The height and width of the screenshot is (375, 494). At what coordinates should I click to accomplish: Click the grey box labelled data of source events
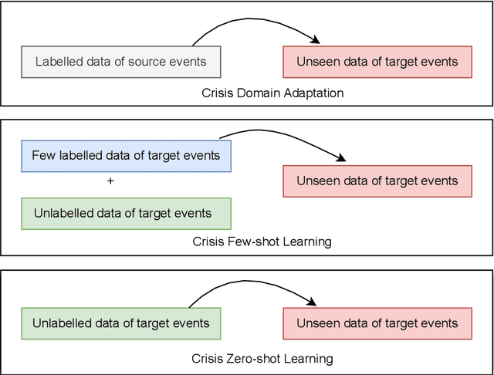click(120, 62)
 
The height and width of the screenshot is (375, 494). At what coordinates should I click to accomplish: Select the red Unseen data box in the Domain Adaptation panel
click(377, 62)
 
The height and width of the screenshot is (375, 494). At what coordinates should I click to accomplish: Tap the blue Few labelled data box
click(126, 156)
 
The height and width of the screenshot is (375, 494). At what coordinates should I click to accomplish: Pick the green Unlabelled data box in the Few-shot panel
click(126, 214)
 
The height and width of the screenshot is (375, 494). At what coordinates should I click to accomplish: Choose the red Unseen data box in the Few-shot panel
click(377, 181)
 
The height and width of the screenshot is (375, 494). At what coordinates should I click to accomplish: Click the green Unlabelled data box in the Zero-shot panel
click(120, 323)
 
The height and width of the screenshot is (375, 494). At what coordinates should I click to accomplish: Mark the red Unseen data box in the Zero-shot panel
click(377, 323)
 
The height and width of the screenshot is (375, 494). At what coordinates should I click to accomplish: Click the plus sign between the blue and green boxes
click(110, 181)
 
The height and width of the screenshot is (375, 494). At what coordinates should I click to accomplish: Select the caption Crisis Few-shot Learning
click(262, 242)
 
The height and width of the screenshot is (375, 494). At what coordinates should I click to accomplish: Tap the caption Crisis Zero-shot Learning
click(262, 359)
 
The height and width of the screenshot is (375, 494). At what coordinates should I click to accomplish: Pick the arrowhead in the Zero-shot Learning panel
click(314, 303)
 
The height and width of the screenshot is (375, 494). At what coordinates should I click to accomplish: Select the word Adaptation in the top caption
click(316, 93)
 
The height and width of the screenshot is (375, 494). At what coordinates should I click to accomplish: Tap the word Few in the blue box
click(42, 156)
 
